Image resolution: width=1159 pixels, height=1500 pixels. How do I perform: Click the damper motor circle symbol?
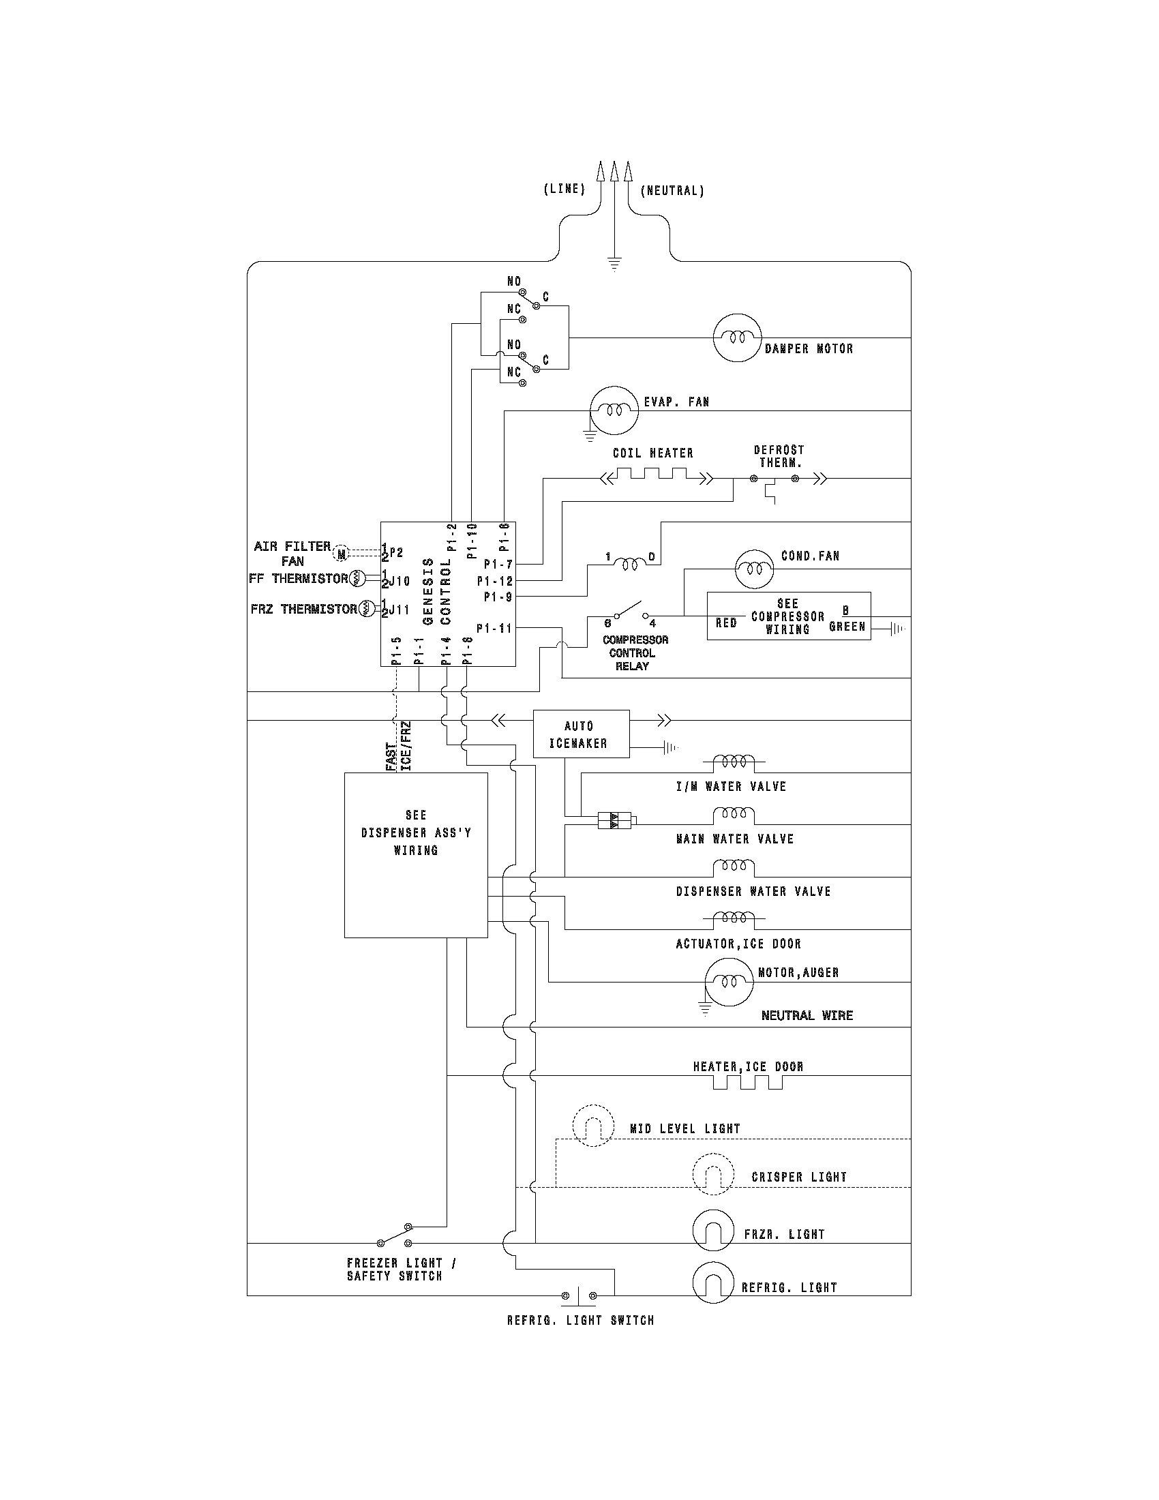tap(737, 337)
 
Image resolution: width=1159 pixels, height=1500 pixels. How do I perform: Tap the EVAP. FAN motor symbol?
tap(614, 410)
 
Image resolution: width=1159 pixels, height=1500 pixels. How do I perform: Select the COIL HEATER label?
tap(652, 453)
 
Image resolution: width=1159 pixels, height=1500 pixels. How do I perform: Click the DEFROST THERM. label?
tap(779, 456)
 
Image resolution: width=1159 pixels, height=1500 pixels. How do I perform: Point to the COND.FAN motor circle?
tap(755, 568)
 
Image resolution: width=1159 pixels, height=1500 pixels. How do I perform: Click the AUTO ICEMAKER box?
tap(581, 734)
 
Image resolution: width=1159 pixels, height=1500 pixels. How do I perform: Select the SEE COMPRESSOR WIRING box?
tap(788, 616)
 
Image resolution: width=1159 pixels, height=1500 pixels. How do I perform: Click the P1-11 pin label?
tap(494, 628)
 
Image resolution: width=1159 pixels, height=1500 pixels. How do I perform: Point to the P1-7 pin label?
tap(498, 564)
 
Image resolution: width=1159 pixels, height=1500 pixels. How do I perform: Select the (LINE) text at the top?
tap(564, 190)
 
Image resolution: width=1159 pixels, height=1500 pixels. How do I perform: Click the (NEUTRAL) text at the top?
tap(672, 191)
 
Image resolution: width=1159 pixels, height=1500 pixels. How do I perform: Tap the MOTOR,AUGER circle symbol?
tap(729, 980)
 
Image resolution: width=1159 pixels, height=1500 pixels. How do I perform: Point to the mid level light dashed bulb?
tap(592, 1125)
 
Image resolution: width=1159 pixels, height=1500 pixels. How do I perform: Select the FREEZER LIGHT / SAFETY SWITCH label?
tap(400, 1270)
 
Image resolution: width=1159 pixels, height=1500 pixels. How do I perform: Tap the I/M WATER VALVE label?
tap(731, 786)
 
